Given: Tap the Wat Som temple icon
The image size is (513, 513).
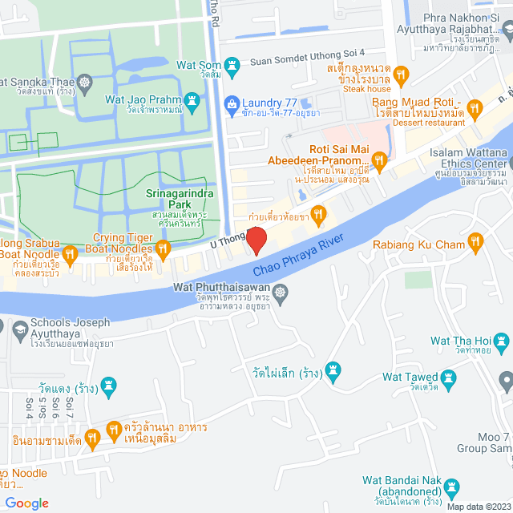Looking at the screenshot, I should click(232, 62).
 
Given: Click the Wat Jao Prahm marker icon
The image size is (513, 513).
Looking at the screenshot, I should click(192, 101).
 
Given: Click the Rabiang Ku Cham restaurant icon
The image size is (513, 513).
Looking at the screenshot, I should click(476, 240).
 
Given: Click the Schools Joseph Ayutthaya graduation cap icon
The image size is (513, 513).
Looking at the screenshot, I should click(18, 327).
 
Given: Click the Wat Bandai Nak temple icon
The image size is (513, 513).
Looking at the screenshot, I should click(452, 487).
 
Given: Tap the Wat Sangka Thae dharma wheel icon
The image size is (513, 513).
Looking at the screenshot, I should click(86, 82).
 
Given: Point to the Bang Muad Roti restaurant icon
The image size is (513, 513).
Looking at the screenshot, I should click(475, 107).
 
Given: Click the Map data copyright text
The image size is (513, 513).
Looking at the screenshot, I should click(478, 506).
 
